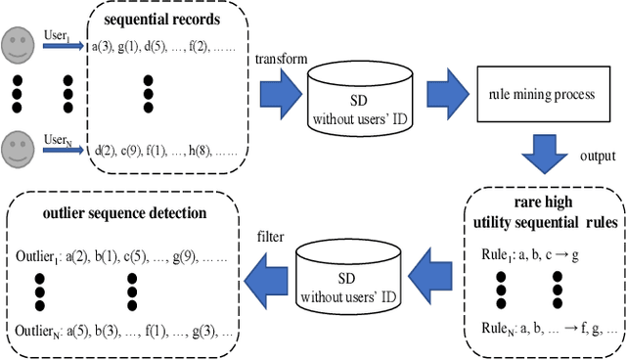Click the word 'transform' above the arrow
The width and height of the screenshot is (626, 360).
pos(282,59)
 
